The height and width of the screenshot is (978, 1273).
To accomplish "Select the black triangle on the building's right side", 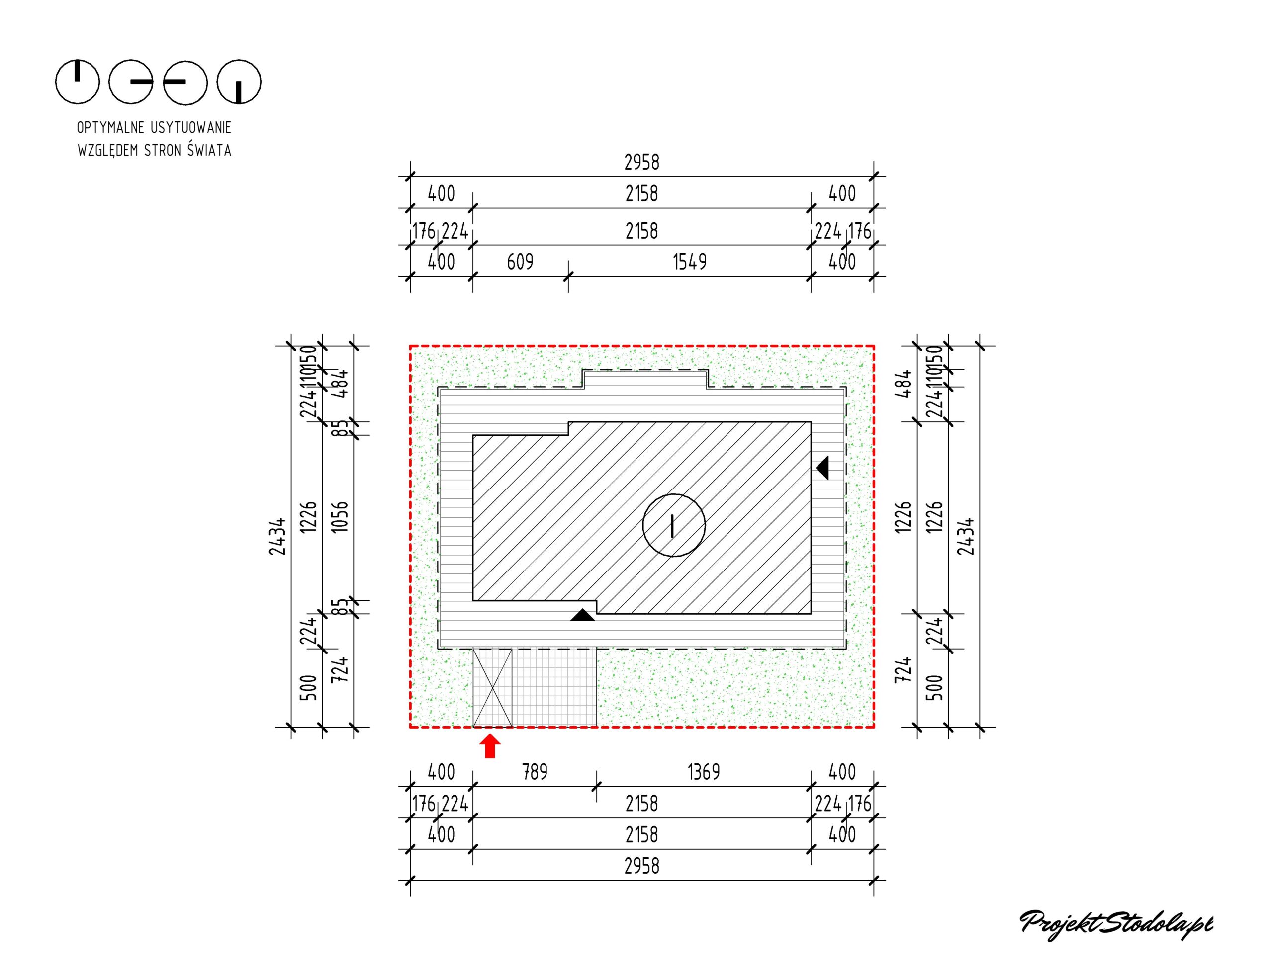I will [x=823, y=468].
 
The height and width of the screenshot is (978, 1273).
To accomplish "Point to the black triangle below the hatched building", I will [x=582, y=615].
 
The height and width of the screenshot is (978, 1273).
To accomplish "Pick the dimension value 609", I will [x=520, y=262].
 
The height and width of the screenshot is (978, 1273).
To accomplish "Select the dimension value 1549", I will [x=690, y=262].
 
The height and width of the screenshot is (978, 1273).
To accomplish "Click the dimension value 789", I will [x=535, y=772].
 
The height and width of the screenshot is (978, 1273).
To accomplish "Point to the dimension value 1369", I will [x=704, y=772].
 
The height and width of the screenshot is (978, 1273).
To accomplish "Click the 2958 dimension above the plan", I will [x=642, y=163].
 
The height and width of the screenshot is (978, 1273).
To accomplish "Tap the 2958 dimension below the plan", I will [x=642, y=866].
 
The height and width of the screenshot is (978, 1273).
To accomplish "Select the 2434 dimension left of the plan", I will [x=278, y=536].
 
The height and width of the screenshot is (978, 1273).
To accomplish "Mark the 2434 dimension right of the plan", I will [x=966, y=536].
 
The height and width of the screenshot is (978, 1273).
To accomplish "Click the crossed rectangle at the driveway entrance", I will [x=492, y=687].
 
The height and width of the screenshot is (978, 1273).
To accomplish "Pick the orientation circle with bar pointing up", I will [x=78, y=81].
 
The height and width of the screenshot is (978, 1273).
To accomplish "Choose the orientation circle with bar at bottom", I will [x=239, y=81].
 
